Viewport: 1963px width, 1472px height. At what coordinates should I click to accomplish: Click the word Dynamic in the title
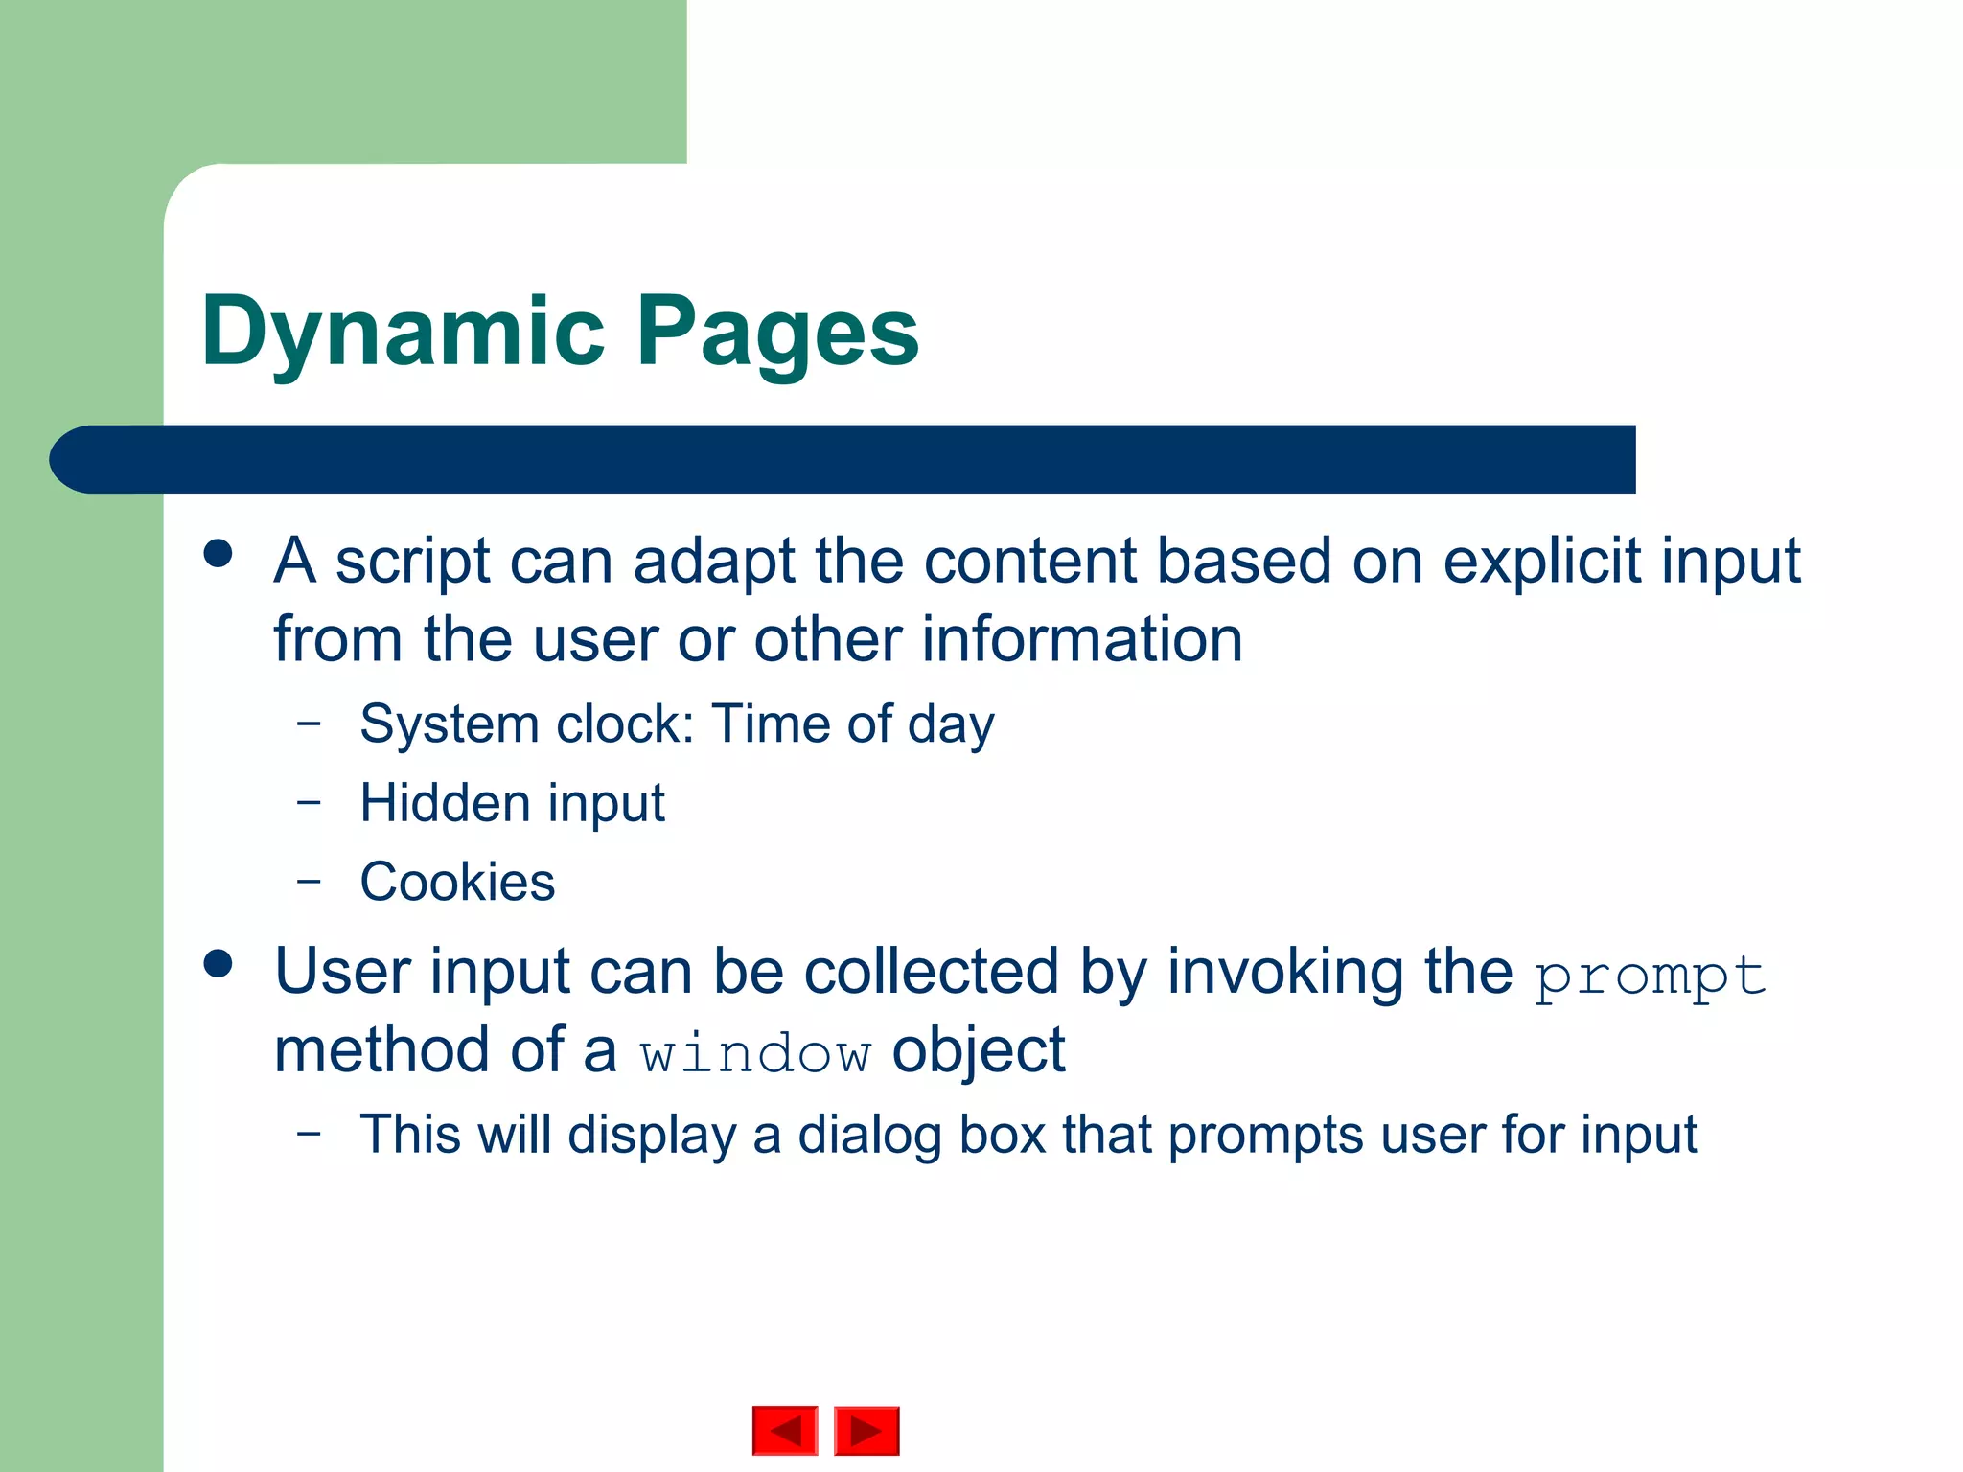coord(403,333)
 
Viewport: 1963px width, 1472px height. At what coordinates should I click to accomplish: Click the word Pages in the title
coord(777,333)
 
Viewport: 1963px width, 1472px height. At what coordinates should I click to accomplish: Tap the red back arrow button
coord(785,1431)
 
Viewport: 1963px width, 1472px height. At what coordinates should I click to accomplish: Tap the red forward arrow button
coord(866,1431)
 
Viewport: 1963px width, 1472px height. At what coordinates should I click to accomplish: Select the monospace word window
coord(755,1054)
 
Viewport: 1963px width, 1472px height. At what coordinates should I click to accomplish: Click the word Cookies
coord(457,882)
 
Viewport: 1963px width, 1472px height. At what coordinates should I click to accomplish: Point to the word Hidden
coord(445,802)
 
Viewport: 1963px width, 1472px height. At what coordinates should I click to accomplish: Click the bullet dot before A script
coord(219,554)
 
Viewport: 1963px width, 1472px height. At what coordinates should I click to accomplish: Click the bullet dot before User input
coord(219,964)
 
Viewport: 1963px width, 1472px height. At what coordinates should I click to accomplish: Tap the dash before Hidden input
coord(309,800)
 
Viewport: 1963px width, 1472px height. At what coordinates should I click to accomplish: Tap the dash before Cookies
coord(309,879)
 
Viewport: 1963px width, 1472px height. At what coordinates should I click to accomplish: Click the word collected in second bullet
coord(931,972)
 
